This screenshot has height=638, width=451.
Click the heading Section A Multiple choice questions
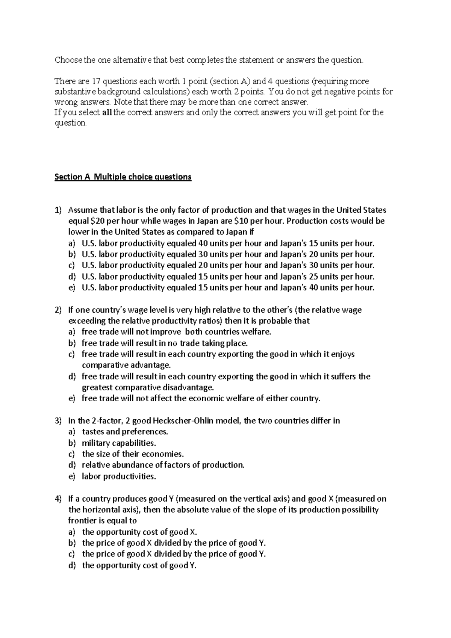point(123,177)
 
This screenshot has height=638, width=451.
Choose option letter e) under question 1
point(72,288)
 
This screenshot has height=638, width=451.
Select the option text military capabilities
point(119,443)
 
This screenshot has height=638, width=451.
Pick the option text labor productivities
point(119,476)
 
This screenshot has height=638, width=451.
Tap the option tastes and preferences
point(125,432)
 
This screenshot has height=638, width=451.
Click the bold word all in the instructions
point(107,113)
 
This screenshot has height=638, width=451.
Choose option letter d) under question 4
point(72,565)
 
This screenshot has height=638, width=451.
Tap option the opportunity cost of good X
point(139,532)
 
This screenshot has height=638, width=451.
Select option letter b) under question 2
point(72,343)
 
